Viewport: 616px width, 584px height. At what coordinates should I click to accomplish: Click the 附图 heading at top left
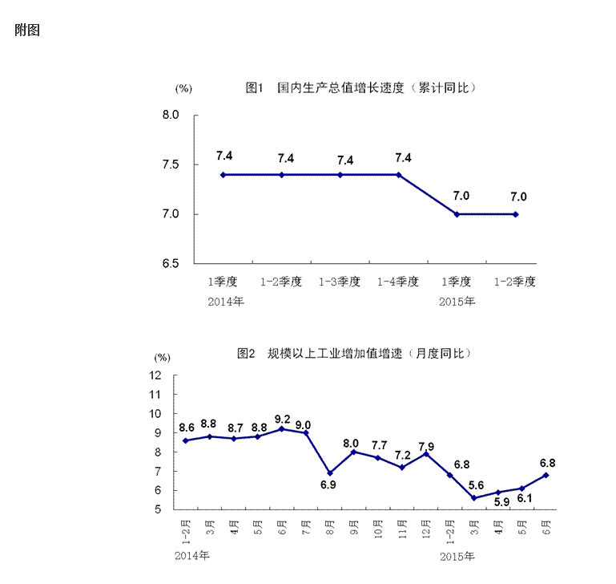click(x=27, y=30)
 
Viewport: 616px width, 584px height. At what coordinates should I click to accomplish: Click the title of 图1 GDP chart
click(x=361, y=87)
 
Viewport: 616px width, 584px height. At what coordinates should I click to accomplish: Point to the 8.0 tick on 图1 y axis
click(x=170, y=116)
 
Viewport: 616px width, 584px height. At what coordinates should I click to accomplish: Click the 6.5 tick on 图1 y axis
click(x=170, y=263)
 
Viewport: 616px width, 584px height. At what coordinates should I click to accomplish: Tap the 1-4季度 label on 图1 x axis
click(x=398, y=282)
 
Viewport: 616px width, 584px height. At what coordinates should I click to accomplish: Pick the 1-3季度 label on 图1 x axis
click(x=340, y=282)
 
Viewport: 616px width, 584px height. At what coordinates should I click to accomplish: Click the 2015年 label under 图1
click(x=457, y=302)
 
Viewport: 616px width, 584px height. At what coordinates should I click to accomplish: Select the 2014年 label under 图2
click(x=191, y=555)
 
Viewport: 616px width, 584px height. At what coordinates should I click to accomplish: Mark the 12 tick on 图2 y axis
click(x=156, y=375)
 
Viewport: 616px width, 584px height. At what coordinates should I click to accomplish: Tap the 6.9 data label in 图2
click(x=329, y=485)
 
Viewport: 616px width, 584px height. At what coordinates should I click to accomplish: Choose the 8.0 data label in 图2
click(x=353, y=443)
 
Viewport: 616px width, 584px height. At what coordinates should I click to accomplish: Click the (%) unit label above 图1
click(x=183, y=88)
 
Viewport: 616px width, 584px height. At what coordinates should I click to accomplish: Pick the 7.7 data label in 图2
click(x=378, y=446)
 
